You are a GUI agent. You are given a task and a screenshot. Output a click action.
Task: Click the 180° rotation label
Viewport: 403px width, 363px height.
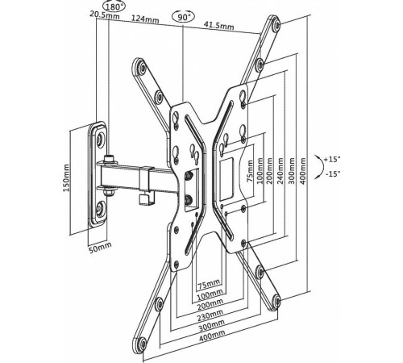(x=114, y=6)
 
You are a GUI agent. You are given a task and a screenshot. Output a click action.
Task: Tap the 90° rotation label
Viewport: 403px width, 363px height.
(x=183, y=18)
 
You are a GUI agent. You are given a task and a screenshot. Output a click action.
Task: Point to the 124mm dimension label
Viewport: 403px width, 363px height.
(x=145, y=19)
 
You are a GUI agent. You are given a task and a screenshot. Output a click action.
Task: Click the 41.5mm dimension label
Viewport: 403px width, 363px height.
(x=218, y=25)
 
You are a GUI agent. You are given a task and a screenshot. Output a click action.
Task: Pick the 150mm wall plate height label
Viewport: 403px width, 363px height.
(x=66, y=178)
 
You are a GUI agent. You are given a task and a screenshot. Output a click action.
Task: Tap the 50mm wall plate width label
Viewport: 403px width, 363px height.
(x=100, y=248)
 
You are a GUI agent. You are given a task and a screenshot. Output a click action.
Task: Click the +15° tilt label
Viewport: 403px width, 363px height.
(x=332, y=159)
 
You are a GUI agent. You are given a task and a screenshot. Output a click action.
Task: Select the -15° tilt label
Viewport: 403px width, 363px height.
(x=333, y=174)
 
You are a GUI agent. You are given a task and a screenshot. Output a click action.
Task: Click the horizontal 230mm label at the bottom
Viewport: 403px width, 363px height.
(x=210, y=316)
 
